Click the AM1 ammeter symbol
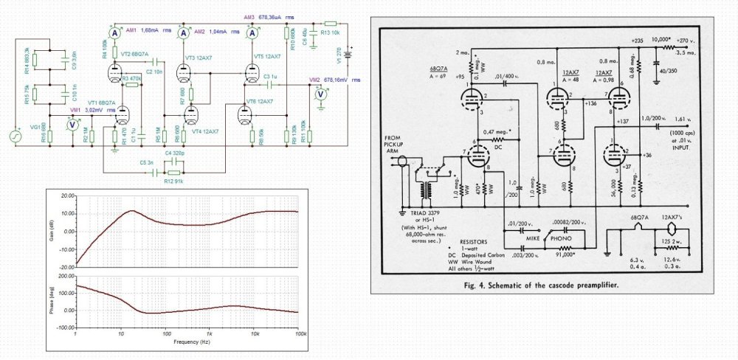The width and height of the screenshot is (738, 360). coord(114,32)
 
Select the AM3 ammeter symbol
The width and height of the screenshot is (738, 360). coord(252,32)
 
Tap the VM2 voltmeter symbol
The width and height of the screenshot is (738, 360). coord(320,94)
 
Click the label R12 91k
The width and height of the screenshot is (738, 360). coord(173,181)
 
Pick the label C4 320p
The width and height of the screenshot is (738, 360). coord(178,153)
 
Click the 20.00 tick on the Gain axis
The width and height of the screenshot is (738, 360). coord(66,195)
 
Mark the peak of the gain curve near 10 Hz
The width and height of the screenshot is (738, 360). coord(131,211)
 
